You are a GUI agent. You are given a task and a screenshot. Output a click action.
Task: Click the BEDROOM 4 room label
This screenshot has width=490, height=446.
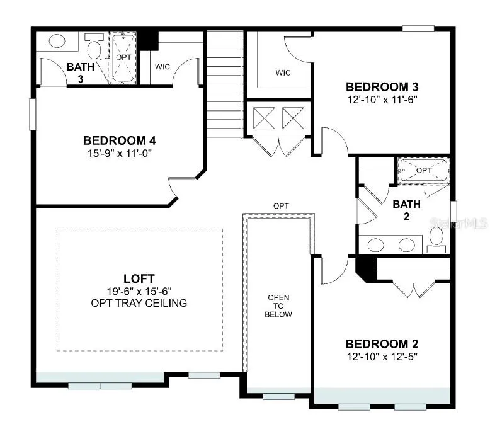tap(120, 140)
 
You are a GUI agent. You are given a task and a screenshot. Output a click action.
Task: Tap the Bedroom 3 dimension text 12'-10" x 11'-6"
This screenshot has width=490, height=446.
tap(382, 100)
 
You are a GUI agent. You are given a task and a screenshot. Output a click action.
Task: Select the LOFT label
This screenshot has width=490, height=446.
tap(139, 278)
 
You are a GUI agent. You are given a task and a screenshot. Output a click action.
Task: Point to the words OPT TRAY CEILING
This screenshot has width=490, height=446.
tap(139, 303)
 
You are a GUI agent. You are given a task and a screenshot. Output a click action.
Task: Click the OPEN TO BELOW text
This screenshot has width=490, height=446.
tap(278, 306)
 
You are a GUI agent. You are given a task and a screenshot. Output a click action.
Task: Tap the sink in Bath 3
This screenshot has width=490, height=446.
tap(57, 41)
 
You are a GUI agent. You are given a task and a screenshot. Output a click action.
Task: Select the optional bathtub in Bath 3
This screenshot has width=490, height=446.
tap(123, 58)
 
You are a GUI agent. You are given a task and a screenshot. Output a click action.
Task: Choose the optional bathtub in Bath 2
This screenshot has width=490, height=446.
tap(423, 170)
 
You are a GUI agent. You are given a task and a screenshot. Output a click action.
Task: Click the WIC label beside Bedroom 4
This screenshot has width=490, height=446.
tap(162, 67)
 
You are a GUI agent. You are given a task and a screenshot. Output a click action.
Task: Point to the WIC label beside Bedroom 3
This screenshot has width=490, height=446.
tap(283, 73)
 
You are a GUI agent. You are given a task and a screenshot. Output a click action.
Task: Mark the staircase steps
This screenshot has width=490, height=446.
tap(225, 84)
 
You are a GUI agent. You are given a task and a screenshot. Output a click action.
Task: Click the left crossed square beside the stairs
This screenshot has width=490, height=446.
tap(264, 118)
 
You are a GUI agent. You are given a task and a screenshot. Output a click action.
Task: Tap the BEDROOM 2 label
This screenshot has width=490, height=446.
tap(382, 344)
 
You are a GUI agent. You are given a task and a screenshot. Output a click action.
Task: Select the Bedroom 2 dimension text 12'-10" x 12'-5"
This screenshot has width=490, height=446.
tap(382, 357)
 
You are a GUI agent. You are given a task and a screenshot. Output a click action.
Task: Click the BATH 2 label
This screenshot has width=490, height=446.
tap(406, 210)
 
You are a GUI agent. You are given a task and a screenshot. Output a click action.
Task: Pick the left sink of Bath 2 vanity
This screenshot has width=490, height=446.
tap(376, 245)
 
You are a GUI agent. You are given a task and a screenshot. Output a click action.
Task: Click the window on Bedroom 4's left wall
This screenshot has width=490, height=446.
tap(33, 114)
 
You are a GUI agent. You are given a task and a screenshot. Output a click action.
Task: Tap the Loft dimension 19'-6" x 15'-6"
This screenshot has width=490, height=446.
tap(139, 291)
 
